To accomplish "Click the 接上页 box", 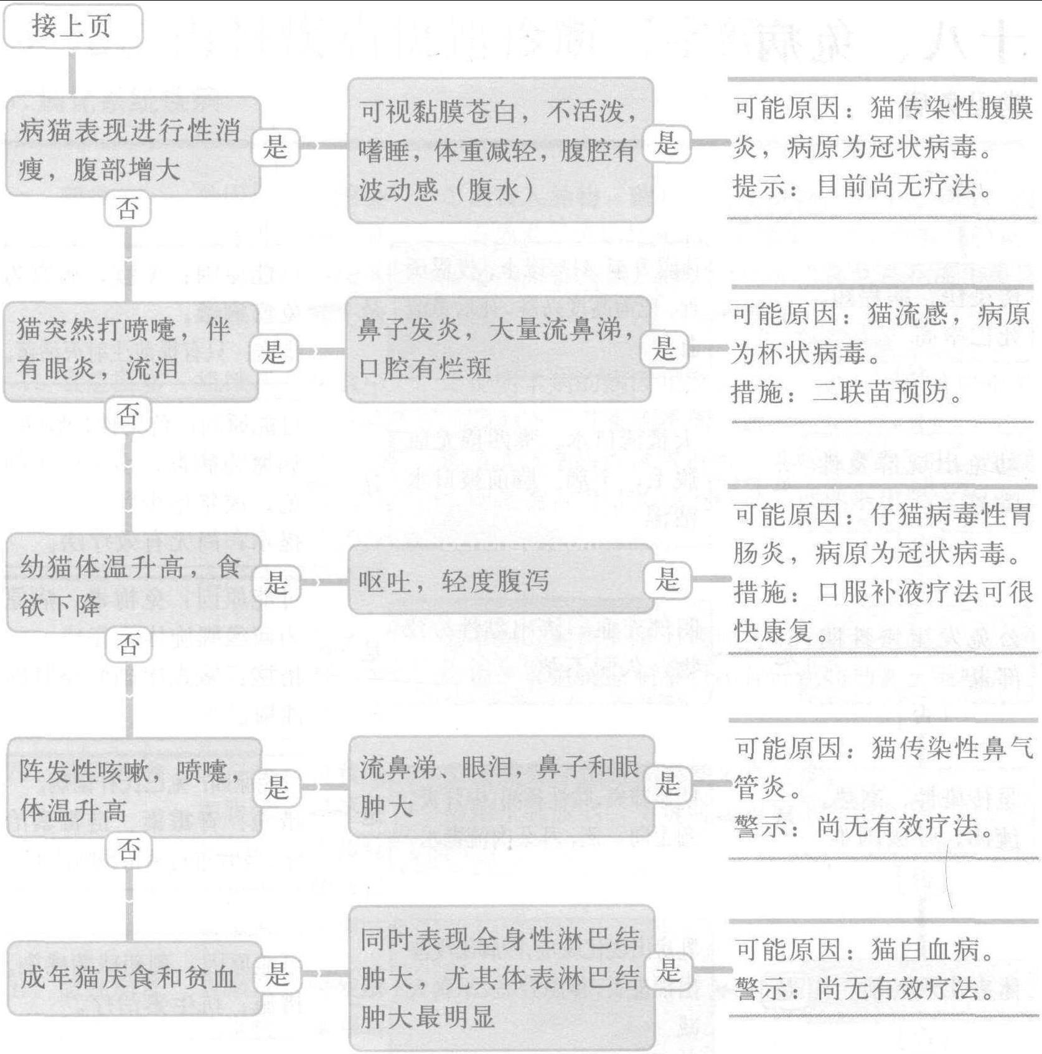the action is (x=73, y=26).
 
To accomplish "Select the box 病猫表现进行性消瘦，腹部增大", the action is (x=133, y=147).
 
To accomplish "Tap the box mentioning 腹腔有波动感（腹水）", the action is (x=500, y=150).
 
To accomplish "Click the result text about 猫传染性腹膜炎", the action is (x=883, y=148).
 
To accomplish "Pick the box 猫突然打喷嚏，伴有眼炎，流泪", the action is (x=131, y=351).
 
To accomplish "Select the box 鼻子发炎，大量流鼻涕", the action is (x=498, y=349).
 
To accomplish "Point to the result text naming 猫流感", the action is (x=880, y=353).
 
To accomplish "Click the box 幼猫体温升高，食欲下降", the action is (x=133, y=583).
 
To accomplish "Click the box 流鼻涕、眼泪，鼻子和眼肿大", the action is (x=501, y=786).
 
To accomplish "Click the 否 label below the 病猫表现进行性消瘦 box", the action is (x=128, y=208).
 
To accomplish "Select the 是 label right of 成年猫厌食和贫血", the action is (x=278, y=974).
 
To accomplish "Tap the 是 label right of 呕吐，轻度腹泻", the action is (x=667, y=580).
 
